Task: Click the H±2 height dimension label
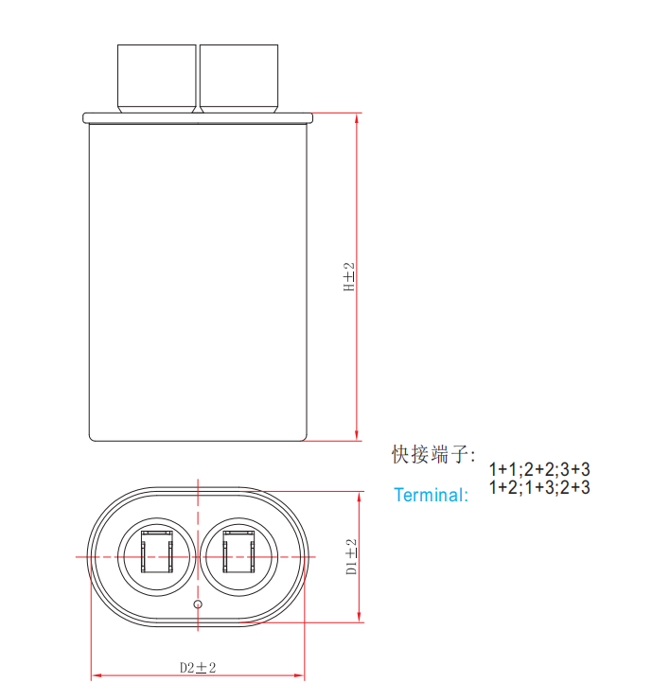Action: [x=349, y=277]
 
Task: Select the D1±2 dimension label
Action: [x=351, y=556]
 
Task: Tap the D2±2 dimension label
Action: [x=198, y=668]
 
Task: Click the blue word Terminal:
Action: [x=431, y=495]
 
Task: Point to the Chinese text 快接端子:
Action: [x=433, y=454]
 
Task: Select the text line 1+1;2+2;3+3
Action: [x=539, y=469]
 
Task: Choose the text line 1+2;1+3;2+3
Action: [x=539, y=487]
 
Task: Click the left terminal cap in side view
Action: [x=157, y=79]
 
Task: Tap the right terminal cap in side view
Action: [x=239, y=79]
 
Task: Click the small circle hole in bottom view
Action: [x=198, y=604]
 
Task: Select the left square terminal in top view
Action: [x=157, y=551]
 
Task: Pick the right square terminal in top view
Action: [x=239, y=551]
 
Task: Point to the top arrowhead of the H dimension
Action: [x=357, y=119]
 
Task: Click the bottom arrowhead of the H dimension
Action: [x=357, y=435]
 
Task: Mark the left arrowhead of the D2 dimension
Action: [x=97, y=675]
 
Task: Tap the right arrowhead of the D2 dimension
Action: [x=299, y=675]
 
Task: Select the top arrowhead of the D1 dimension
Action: [x=359, y=498]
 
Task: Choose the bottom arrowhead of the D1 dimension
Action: [x=359, y=617]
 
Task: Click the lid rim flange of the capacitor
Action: [x=198, y=118]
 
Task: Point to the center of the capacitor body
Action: [x=198, y=282]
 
